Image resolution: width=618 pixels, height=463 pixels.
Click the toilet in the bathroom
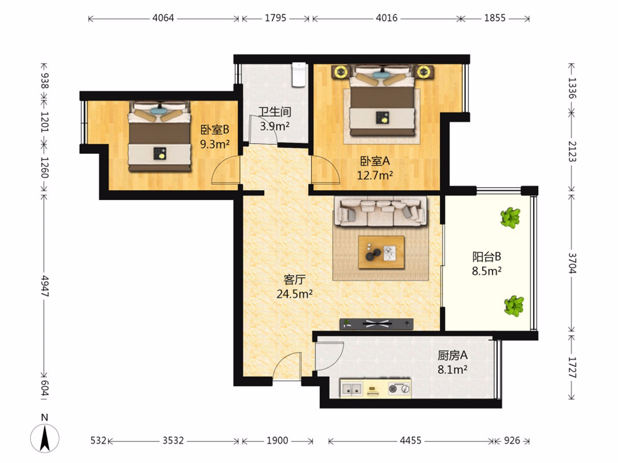(299, 74)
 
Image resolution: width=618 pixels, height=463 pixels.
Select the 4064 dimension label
(163, 18)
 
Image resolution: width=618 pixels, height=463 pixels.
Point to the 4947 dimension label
(45, 286)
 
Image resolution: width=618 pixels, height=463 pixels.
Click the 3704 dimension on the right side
(572, 264)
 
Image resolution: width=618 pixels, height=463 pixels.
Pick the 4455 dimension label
(411, 441)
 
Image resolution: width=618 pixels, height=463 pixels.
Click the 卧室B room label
(214, 130)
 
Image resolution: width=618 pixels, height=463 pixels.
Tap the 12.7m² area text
(375, 176)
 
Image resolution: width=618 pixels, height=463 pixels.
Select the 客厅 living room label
(294, 280)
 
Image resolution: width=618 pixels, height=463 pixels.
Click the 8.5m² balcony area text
(487, 271)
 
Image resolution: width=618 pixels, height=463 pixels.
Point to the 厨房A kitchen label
(452, 356)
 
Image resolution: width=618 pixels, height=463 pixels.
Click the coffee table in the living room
(381, 252)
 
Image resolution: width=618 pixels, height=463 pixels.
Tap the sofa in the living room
(380, 213)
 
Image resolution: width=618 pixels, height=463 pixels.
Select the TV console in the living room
(377, 324)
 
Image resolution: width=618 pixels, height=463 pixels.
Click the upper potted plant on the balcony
(510, 218)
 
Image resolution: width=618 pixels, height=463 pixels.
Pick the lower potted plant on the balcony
(514, 306)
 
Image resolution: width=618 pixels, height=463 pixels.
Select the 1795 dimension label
(275, 18)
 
